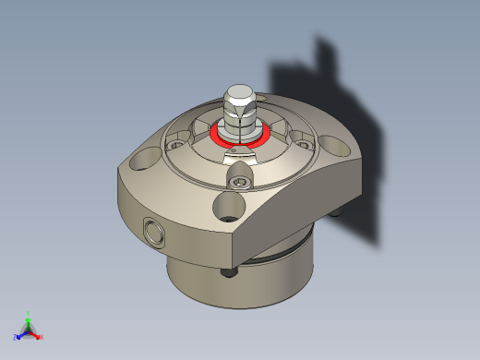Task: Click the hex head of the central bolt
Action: (238, 95)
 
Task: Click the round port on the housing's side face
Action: (153, 231)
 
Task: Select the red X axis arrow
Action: (36, 334)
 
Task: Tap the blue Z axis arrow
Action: (20, 335)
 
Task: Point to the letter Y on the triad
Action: (28, 313)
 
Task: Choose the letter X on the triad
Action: (42, 337)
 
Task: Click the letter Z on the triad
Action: (15, 338)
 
